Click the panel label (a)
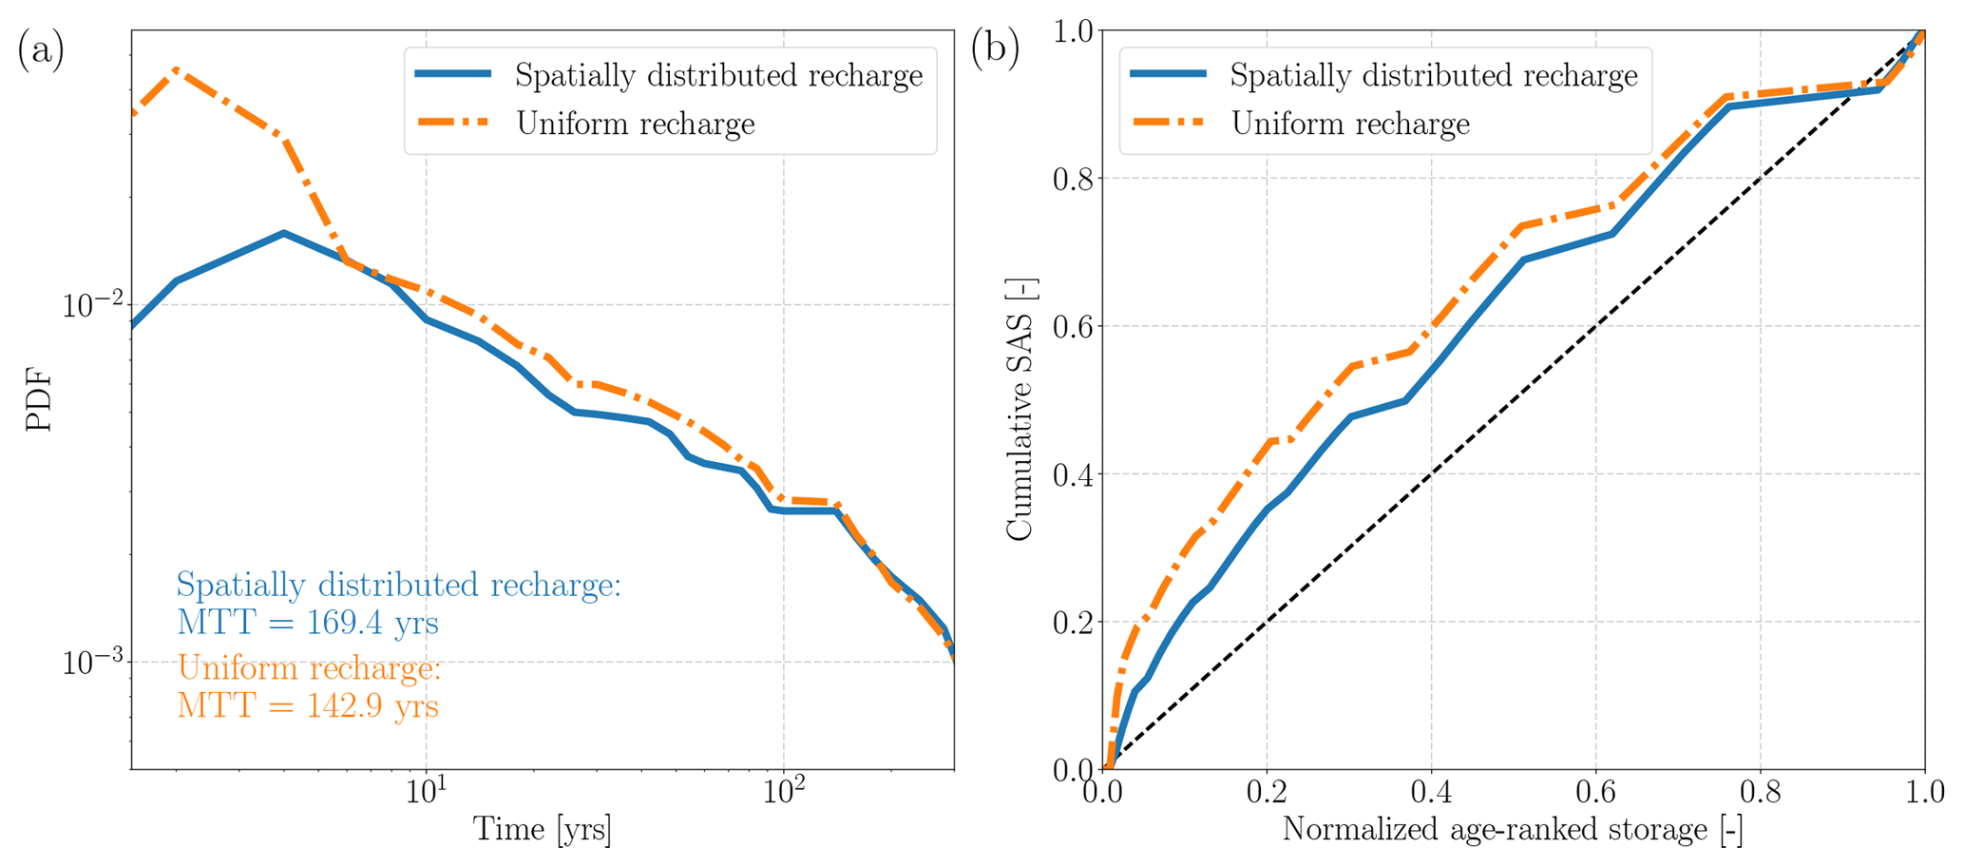click(40, 51)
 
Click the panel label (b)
click(994, 49)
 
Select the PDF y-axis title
click(39, 400)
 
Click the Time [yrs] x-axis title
click(543, 830)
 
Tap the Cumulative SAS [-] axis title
click(1020, 410)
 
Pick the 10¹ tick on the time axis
click(426, 792)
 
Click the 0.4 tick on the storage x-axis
click(1431, 792)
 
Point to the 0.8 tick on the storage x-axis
click(1760, 792)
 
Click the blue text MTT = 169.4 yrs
click(308, 624)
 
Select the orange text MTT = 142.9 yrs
click(308, 706)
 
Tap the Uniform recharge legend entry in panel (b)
click(1350, 124)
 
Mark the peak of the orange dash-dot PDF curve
click(176, 69)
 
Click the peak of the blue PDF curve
click(283, 232)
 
